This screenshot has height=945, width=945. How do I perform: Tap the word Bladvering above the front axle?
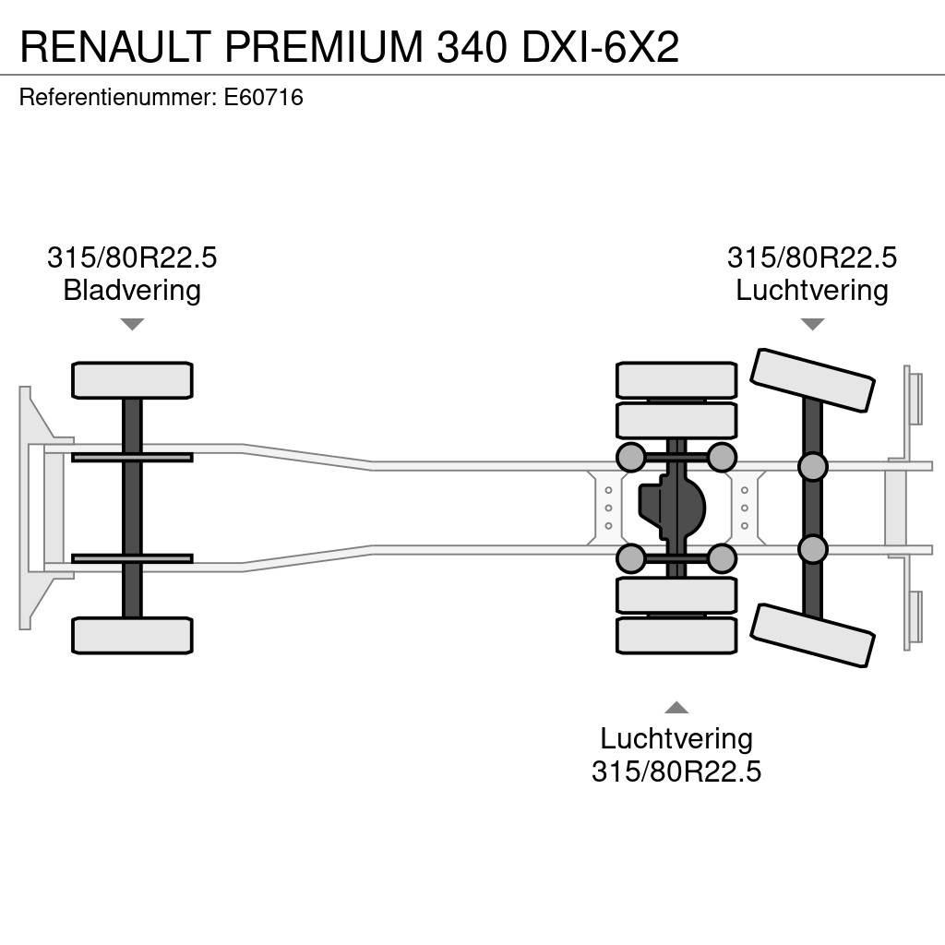tap(132, 291)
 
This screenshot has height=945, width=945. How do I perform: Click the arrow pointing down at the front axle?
tap(132, 324)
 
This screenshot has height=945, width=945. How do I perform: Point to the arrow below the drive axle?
tap(676, 708)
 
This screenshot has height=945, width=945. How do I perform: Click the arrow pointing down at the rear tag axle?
tap(812, 324)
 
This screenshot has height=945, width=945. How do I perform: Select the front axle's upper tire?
tap(132, 380)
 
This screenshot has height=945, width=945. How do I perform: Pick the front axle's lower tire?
tap(132, 636)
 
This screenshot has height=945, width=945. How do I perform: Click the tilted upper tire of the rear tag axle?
tap(812, 379)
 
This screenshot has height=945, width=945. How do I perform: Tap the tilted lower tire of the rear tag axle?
tap(812, 635)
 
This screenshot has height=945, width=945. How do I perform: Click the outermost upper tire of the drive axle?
tap(676, 380)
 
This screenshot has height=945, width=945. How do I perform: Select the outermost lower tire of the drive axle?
tap(676, 636)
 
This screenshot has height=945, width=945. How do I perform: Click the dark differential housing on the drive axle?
tap(672, 508)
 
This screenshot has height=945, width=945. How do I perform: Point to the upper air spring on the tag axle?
tap(812, 467)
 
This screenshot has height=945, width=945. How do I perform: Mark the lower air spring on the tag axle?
tap(812, 549)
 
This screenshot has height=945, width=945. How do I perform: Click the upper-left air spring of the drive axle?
tap(631, 457)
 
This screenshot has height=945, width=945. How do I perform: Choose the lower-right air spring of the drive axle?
tap(722, 558)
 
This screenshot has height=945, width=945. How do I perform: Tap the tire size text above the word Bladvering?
tap(132, 257)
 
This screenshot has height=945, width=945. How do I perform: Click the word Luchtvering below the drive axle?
tap(676, 738)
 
